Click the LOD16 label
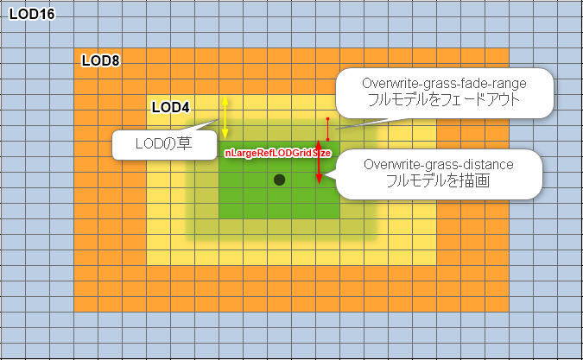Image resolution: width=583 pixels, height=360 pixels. click(x=32, y=14)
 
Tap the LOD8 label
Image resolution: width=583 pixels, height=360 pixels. click(x=101, y=60)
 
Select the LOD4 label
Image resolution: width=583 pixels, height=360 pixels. click(x=171, y=107)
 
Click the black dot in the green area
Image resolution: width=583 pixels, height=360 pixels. click(x=279, y=180)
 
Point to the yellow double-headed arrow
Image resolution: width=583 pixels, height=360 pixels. click(x=225, y=117)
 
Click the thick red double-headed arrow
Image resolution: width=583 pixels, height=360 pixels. click(x=319, y=161)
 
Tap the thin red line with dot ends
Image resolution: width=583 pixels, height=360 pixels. click(x=327, y=129)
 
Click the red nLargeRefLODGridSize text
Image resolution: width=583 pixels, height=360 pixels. click(x=277, y=153)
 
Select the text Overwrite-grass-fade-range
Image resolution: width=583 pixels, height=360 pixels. click(x=444, y=83)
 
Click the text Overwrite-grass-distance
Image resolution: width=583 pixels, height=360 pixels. click(x=439, y=164)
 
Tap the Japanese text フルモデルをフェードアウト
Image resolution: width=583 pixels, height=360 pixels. click(x=444, y=99)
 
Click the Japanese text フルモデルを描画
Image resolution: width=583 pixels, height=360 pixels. click(x=438, y=181)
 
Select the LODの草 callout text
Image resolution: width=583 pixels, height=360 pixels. click(x=163, y=144)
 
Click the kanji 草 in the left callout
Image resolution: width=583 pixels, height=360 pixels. click(x=184, y=144)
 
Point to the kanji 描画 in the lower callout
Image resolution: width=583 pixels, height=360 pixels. click(x=473, y=181)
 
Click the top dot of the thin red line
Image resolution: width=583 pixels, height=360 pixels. click(x=327, y=119)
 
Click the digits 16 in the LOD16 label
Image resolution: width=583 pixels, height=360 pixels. click(x=47, y=14)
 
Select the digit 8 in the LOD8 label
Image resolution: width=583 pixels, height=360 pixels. click(x=115, y=60)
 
